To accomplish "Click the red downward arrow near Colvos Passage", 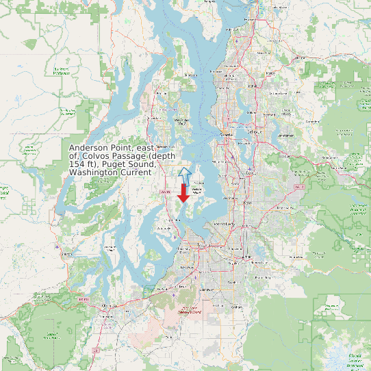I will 183,192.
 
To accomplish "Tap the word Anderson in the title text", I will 91,148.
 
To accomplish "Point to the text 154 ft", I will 81,164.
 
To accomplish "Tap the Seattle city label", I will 226,136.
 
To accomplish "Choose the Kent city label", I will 247,203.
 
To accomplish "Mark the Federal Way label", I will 224,224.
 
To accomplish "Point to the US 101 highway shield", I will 84,299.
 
